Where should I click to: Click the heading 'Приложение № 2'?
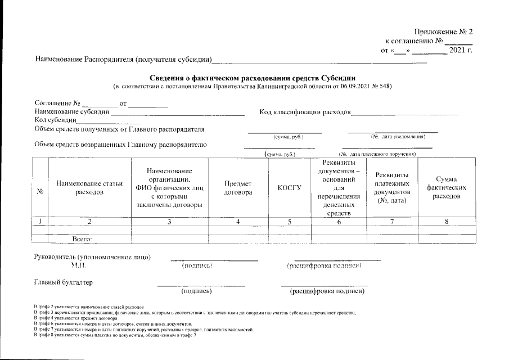click(444, 31)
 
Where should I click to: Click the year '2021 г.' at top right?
click(461, 51)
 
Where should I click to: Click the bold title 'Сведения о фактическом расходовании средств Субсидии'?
click(253, 78)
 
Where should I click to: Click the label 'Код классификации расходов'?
click(304, 112)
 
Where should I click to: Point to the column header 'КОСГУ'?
click(289, 187)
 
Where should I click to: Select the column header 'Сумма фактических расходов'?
click(447, 187)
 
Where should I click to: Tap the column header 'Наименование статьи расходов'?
click(89, 187)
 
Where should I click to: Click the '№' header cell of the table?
click(40, 191)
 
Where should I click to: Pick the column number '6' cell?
click(339, 222)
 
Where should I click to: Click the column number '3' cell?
click(169, 222)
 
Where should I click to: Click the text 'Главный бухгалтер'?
click(64, 282)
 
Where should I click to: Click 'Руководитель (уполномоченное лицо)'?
click(93, 257)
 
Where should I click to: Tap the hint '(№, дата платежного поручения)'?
click(377, 154)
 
